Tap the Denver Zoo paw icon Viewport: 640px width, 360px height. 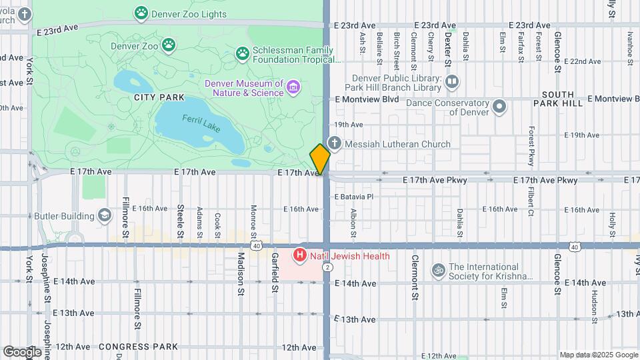coord(170,45)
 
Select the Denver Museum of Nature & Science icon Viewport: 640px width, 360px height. coord(293,87)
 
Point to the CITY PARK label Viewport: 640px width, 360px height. coord(140,97)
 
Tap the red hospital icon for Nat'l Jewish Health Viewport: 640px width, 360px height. coord(300,255)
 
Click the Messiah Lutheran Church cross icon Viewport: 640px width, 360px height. coord(335,143)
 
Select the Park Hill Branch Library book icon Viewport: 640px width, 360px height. coord(453,82)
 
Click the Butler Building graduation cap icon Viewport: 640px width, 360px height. coord(105,215)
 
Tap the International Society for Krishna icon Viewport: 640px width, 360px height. coord(439,271)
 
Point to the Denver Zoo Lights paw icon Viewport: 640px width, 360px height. coord(141,12)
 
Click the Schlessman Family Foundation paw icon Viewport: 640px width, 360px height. coord(242,53)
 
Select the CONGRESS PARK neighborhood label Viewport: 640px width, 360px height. coord(138,347)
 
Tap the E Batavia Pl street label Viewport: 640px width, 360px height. coord(353,197)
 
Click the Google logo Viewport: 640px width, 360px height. coord(22,351)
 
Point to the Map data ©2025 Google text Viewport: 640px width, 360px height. coord(598,355)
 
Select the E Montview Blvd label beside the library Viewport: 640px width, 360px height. coord(367,99)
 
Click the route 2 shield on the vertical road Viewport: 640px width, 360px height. coord(327,267)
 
